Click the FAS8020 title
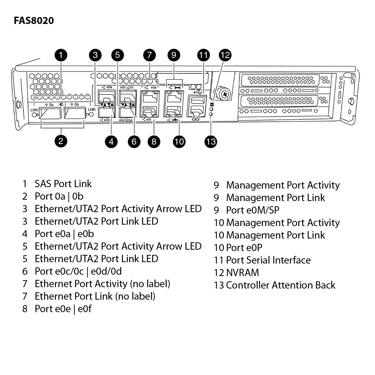pyautogui.click(x=34, y=21)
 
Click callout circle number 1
pyautogui.click(x=61, y=55)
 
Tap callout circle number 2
pyautogui.click(x=61, y=141)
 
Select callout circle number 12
pyautogui.click(x=225, y=55)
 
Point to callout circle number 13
pyautogui.click(x=211, y=141)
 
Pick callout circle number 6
pyautogui.click(x=134, y=141)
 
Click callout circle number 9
pyautogui.click(x=174, y=55)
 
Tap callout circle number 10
pyautogui.click(x=179, y=141)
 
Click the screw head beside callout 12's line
pyautogui.click(x=225, y=94)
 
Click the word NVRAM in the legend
pyautogui.click(x=242, y=273)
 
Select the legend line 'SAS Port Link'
pyautogui.click(x=63, y=184)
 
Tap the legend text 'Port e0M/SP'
pyautogui.click(x=252, y=210)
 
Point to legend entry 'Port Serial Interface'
pyautogui.click(x=268, y=260)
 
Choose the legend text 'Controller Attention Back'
pyautogui.click(x=280, y=285)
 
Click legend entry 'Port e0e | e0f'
pyautogui.click(x=63, y=309)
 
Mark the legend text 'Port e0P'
pyautogui.click(x=244, y=248)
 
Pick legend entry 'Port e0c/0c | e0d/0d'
pyautogui.click(x=78, y=272)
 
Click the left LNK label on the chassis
pyautogui.click(x=34, y=110)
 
